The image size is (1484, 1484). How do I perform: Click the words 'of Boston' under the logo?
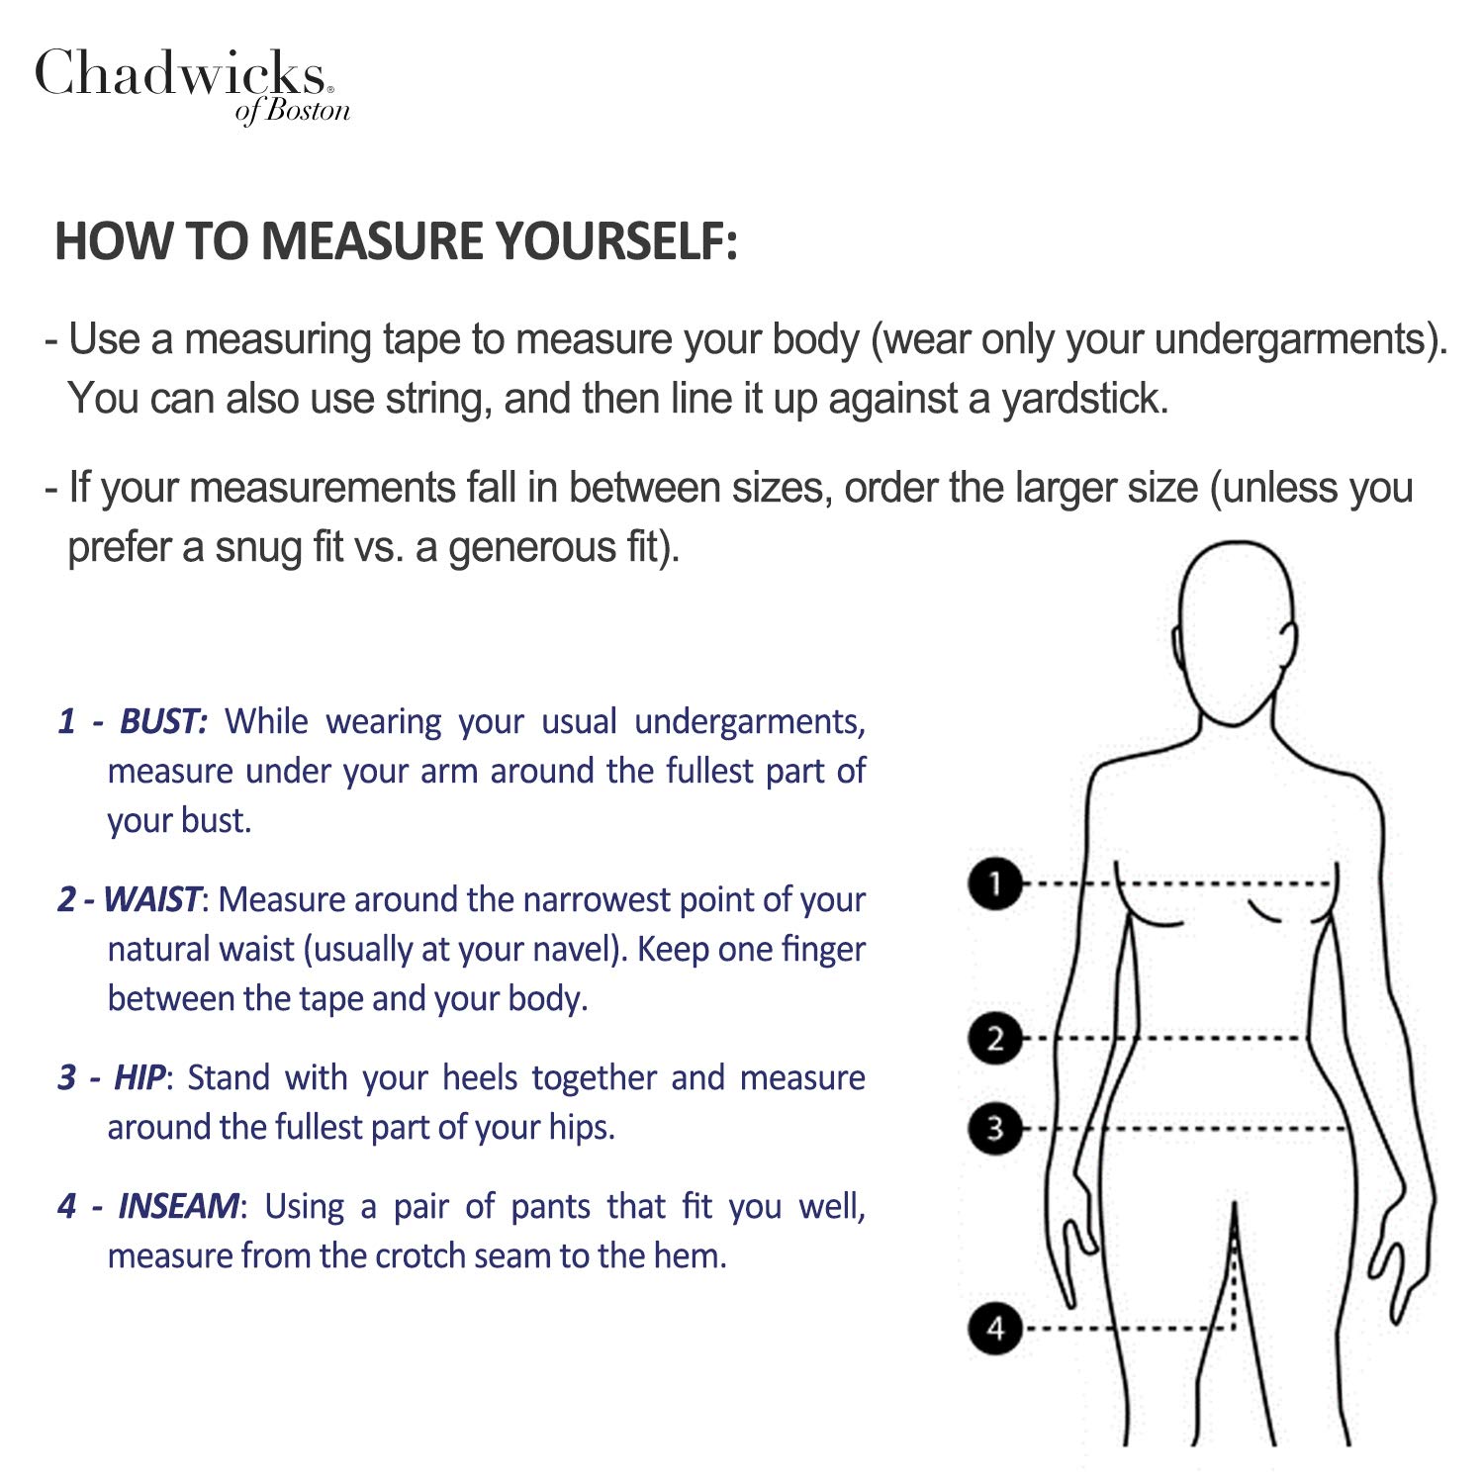click(x=293, y=110)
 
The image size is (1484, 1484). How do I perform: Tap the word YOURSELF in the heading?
click(x=616, y=240)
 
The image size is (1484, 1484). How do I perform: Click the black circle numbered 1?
click(x=995, y=882)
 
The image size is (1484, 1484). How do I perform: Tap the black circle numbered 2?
click(x=995, y=1039)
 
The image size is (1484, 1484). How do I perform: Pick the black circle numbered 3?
click(x=995, y=1128)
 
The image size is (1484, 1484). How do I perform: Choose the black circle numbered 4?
click(x=995, y=1328)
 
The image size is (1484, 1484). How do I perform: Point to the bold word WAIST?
click(x=151, y=899)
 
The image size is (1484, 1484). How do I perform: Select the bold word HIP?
click(x=139, y=1077)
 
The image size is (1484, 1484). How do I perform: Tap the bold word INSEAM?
click(x=178, y=1206)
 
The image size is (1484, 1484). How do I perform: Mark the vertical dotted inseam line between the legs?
click(x=1234, y=1266)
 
